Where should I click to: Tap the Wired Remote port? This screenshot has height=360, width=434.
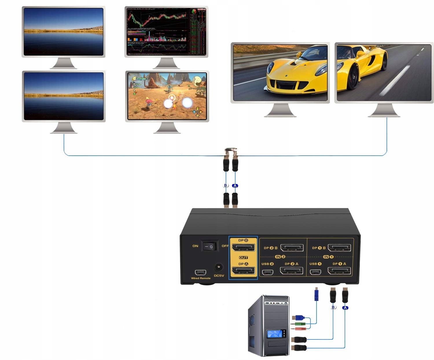pos(201,272)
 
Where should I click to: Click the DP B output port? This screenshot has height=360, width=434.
pos(243,248)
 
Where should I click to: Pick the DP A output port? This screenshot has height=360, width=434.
pos(243,271)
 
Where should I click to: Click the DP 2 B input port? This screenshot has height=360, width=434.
pos(292,248)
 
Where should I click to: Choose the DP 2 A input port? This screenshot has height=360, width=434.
pos(292,271)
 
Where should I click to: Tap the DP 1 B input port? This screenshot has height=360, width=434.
pos(339,248)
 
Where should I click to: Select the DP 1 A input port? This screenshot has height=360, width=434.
pos(339,271)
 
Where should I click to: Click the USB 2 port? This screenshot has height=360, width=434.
pos(268,272)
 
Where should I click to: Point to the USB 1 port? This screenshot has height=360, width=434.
pos(315,272)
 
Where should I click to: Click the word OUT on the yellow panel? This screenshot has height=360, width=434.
pos(243,257)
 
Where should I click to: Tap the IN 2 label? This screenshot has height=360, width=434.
pos(280,257)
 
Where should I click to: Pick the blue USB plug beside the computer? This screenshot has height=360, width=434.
pos(298,317)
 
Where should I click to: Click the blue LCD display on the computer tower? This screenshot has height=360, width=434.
pos(274,334)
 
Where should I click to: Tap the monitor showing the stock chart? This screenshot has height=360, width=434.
pos(166,32)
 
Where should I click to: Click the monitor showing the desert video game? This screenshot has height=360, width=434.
pos(167,96)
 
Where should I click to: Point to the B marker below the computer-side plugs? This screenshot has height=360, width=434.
pos(333,307)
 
